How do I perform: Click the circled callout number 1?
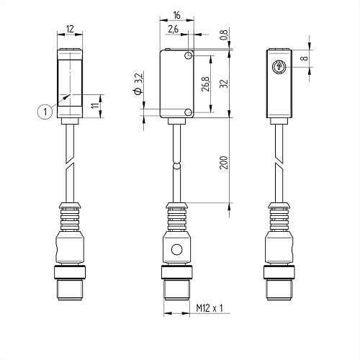point(45,112)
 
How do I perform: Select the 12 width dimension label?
point(70,30)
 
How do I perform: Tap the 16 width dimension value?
point(176,15)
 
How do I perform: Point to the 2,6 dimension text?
point(174,30)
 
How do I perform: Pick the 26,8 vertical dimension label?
point(206,84)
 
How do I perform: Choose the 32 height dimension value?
point(224,84)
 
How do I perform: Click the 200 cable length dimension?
point(224,163)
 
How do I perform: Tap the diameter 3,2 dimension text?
point(139,84)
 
